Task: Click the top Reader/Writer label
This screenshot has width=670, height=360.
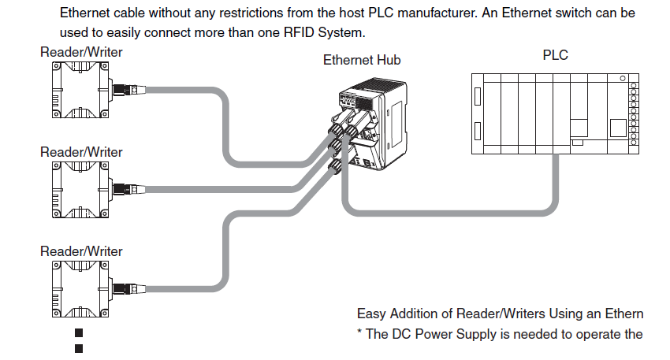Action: click(81, 53)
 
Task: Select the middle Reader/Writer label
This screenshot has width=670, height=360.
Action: click(81, 152)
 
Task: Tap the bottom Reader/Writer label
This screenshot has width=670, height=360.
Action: click(81, 251)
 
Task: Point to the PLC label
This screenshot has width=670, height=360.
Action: click(555, 56)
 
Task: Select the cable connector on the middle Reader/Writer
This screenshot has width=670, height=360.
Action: click(130, 189)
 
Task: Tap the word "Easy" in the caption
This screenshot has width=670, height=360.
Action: click(372, 314)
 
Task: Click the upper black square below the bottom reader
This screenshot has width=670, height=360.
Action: click(79, 334)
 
